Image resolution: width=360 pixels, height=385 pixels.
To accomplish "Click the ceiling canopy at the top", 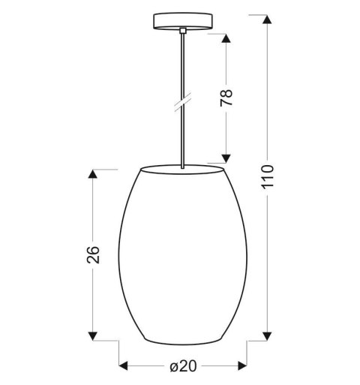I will (x=182, y=20).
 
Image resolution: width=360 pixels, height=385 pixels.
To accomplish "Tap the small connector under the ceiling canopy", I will (x=182, y=31).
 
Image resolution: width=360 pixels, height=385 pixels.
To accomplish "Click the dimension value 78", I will (x=228, y=97).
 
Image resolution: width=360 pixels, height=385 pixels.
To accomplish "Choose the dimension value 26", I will (x=94, y=255).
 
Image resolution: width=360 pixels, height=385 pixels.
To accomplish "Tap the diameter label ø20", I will (x=182, y=367).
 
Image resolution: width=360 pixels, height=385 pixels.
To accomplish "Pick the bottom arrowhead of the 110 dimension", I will (x=268, y=333).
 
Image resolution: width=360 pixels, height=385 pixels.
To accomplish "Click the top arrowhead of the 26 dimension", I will (x=93, y=174).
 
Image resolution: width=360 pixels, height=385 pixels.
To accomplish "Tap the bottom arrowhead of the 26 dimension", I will (x=93, y=334).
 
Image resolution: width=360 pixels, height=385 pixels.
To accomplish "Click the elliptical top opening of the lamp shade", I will (x=182, y=167).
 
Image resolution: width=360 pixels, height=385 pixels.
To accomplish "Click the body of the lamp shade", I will (x=182, y=255).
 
